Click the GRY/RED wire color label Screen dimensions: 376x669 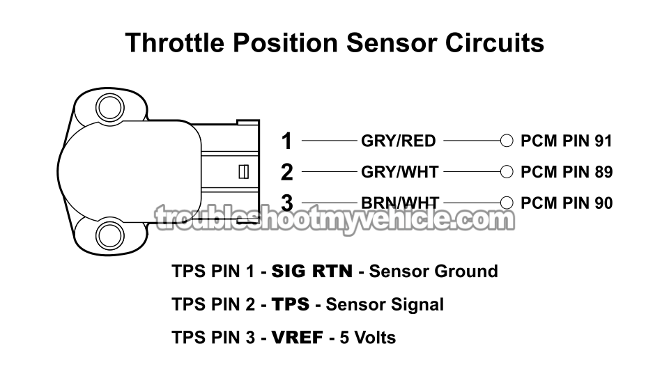coord(398,141)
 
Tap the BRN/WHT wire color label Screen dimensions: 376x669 coord(399,203)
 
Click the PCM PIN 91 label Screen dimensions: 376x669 coord(567,141)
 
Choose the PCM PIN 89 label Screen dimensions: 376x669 coord(567,172)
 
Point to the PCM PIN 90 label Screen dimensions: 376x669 coord(567,203)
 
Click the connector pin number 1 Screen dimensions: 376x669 coord(286,141)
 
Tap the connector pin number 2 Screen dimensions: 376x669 coord(286,172)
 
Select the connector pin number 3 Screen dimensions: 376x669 coord(286,203)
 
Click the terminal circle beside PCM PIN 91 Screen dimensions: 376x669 coord(507,141)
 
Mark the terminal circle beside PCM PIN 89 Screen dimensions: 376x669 coord(507,172)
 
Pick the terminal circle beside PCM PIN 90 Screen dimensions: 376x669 coord(507,203)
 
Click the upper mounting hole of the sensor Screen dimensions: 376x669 coord(109,108)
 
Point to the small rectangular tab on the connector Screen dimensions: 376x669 coord(244,171)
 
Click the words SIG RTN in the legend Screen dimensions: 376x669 coord(312,271)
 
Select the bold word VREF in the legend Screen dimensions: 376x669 coord(298,338)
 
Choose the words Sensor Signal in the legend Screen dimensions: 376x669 coord(385,304)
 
